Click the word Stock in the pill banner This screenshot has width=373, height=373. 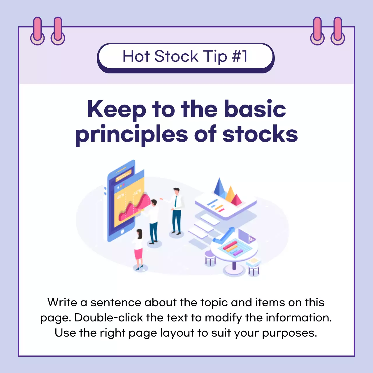coord(176,56)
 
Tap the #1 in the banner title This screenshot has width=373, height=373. coord(240,56)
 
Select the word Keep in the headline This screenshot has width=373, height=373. coord(117,109)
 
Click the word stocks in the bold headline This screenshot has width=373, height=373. coord(260,134)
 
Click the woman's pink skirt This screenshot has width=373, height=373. coord(138,254)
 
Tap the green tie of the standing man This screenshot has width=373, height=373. coord(175,201)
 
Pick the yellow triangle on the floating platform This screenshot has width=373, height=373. coord(230,194)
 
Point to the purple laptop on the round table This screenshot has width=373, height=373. coord(246,236)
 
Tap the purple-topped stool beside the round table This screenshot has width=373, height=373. coord(210,256)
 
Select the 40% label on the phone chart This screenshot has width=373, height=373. coord(121,196)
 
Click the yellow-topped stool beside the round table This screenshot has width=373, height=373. coord(254,264)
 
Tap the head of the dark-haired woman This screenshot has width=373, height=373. coord(139,233)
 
